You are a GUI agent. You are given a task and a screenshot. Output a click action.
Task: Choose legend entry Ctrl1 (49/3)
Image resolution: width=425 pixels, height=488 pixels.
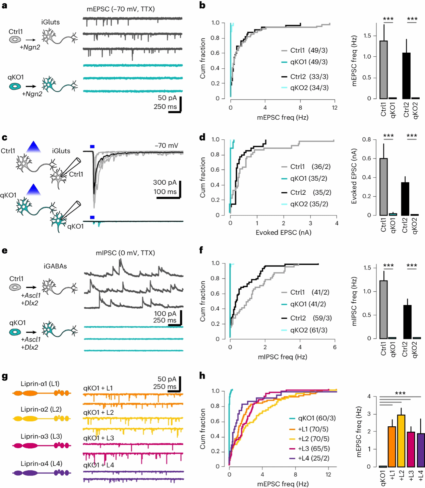(x=309, y=50)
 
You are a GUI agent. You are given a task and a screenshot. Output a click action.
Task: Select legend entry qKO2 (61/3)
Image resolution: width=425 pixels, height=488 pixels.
(x=309, y=330)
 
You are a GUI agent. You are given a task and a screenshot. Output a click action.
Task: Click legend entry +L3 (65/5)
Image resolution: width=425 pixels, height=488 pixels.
(x=313, y=448)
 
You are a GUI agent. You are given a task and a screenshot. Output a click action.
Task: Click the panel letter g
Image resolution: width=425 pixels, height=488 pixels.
(x=5, y=376)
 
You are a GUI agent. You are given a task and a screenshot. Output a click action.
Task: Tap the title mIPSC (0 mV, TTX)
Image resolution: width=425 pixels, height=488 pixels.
(x=125, y=253)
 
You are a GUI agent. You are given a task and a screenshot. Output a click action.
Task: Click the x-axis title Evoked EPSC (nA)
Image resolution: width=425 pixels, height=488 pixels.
(x=283, y=233)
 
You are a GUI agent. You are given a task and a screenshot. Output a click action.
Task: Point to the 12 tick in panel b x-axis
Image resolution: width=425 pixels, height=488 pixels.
(x=335, y=108)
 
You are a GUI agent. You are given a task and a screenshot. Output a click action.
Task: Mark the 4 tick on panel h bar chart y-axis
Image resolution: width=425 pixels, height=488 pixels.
(x=369, y=396)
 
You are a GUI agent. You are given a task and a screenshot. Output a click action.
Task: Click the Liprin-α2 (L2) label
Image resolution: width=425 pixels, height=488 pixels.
(x=41, y=409)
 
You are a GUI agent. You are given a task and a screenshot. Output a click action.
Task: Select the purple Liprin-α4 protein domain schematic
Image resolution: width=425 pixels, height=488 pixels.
(x=41, y=473)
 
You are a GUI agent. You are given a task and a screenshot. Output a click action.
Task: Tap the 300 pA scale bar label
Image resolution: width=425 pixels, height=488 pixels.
(x=165, y=183)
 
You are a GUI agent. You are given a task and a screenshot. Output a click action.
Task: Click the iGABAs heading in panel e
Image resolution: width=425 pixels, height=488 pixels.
(x=55, y=266)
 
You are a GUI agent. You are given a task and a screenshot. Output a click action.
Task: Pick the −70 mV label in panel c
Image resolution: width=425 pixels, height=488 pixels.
(x=166, y=145)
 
